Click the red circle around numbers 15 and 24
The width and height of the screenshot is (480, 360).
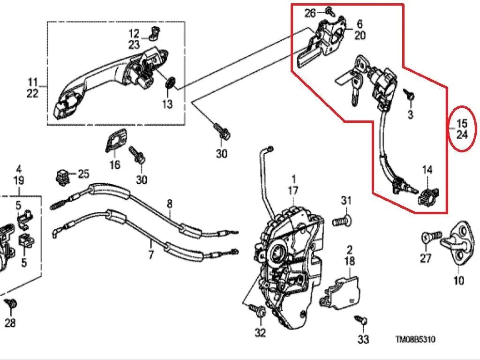[x=448, y=128]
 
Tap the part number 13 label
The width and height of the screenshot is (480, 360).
[x=167, y=104]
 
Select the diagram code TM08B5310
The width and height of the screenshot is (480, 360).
[x=415, y=339]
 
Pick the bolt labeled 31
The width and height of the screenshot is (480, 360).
[x=342, y=221]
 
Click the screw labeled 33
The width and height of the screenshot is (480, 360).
[x=361, y=320]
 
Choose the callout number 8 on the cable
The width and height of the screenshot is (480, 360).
[x=170, y=204]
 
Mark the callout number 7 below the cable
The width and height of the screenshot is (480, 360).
[x=150, y=254]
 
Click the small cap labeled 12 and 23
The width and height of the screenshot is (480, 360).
[x=155, y=33]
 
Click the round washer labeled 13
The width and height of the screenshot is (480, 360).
[x=170, y=83]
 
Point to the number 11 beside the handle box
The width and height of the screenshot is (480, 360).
[x=33, y=82]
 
